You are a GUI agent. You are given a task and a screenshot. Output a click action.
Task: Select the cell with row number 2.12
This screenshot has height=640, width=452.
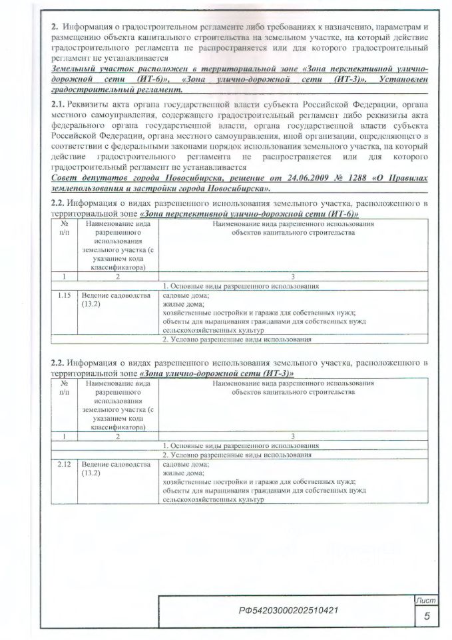point(64,464)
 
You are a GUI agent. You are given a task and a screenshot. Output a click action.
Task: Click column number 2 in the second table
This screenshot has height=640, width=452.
point(117,437)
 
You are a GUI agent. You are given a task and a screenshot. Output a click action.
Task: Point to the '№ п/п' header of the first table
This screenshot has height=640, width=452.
point(64,229)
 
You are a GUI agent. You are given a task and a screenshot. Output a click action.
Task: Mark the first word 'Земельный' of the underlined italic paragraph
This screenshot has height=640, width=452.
point(75,70)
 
